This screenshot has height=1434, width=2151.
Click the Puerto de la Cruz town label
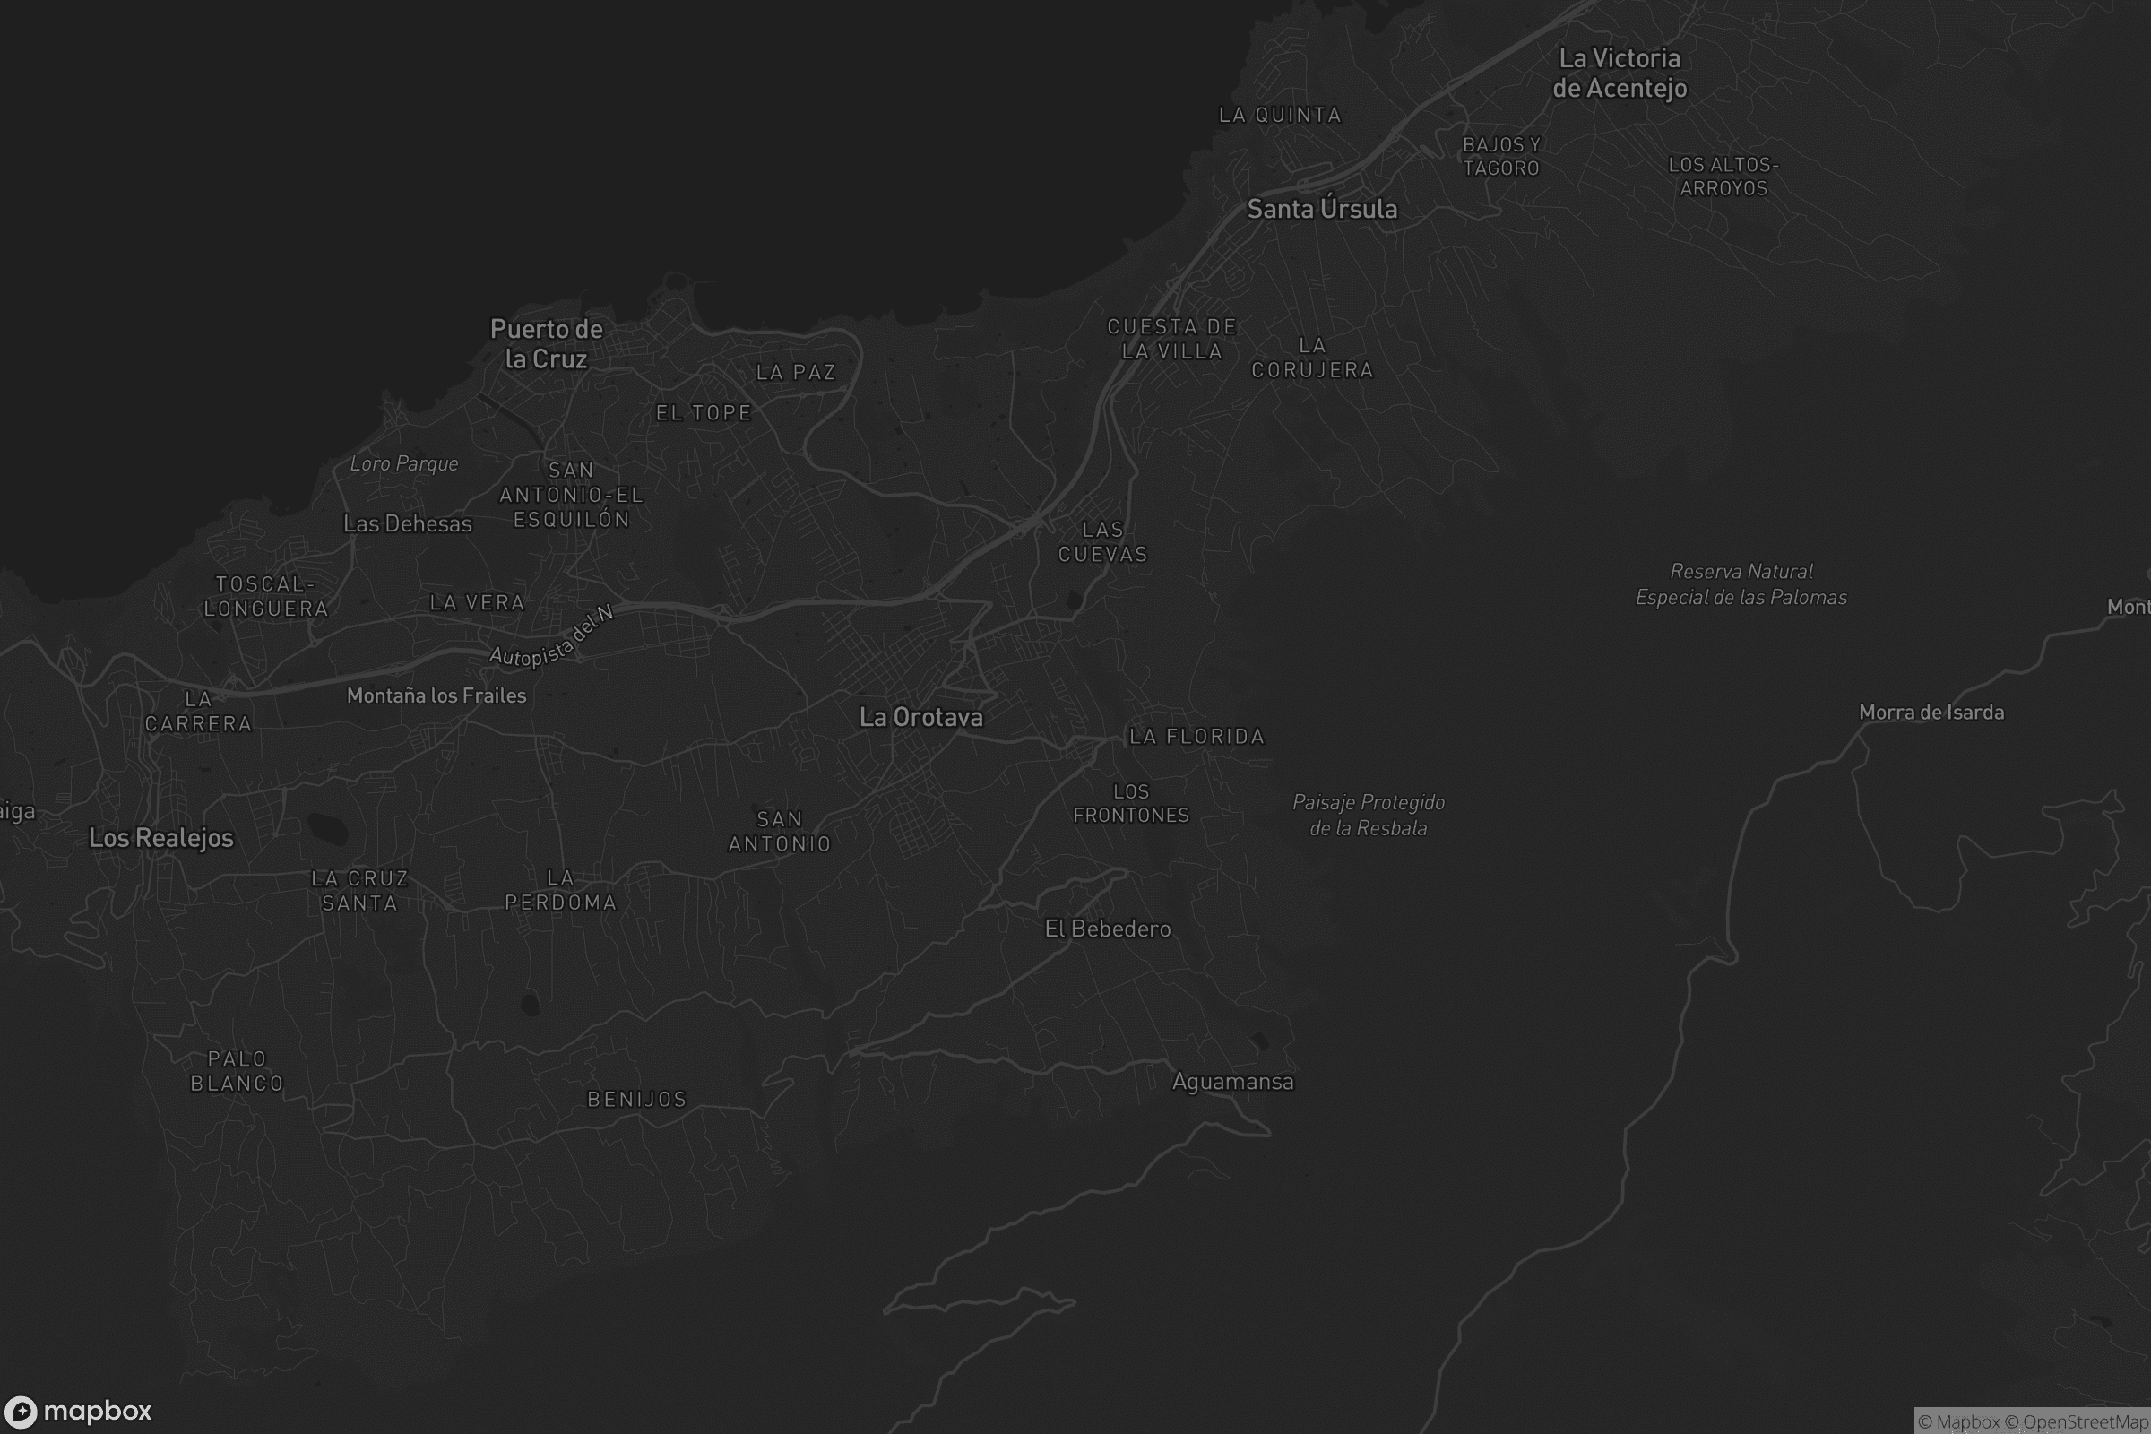pyautogui.click(x=547, y=344)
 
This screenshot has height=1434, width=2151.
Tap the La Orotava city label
pyautogui.click(x=921, y=717)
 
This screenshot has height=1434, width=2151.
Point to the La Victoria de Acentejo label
pyautogui.click(x=1620, y=73)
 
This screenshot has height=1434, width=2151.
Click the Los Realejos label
pyautogui.click(x=161, y=838)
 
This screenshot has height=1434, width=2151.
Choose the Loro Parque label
pyautogui.click(x=404, y=463)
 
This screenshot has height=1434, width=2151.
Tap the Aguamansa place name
pyautogui.click(x=1233, y=1082)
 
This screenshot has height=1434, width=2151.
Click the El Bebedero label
pyautogui.click(x=1108, y=929)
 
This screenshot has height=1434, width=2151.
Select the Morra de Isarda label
pyautogui.click(x=1931, y=713)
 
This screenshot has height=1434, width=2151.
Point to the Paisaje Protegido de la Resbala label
pyautogui.click(x=1369, y=815)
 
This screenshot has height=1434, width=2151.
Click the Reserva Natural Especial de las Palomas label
pyautogui.click(x=1741, y=584)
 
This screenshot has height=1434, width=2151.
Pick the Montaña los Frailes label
pyautogui.click(x=436, y=696)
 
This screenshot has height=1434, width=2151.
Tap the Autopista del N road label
pyautogui.click(x=550, y=638)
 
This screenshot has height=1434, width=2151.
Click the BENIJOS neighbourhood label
pyautogui.click(x=636, y=1100)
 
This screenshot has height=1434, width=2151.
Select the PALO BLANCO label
pyautogui.click(x=237, y=1071)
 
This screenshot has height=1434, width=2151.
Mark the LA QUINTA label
pyautogui.click(x=1281, y=116)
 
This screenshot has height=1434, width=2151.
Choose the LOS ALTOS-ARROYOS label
pyautogui.click(x=1723, y=177)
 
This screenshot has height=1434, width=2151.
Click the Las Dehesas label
pyautogui.click(x=408, y=524)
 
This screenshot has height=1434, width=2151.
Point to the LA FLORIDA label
pyautogui.click(x=1196, y=736)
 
